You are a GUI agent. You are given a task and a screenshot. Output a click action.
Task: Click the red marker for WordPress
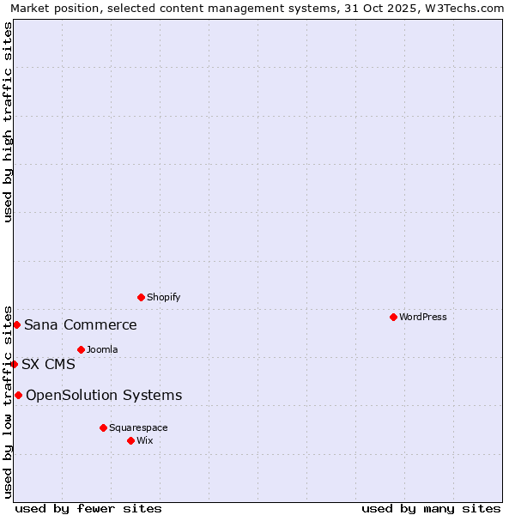[393, 317]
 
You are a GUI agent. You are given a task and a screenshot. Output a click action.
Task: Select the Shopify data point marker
[142, 297]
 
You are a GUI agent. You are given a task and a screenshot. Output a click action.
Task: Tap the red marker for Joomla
[81, 349]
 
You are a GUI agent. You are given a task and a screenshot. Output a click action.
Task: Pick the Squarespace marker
[103, 427]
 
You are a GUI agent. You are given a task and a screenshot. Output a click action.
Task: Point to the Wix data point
[130, 440]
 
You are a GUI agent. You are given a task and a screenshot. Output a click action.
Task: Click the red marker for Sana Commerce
[16, 324]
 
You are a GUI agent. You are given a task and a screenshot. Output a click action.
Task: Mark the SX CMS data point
[14, 364]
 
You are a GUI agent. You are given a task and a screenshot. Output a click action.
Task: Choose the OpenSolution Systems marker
[18, 395]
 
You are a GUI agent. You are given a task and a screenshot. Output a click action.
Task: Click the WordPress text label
[423, 317]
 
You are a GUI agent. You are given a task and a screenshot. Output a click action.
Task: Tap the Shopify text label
[163, 297]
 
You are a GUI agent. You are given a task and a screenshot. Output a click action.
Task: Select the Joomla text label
[102, 349]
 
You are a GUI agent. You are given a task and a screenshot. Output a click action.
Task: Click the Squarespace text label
[138, 427]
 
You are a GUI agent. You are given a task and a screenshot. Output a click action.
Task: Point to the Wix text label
[144, 440]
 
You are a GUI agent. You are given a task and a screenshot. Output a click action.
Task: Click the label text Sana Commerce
[81, 324]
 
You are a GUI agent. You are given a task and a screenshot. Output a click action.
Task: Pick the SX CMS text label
[48, 364]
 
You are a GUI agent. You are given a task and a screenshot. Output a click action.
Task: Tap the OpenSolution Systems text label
[104, 395]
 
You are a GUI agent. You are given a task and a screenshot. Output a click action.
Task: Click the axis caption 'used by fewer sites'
[88, 508]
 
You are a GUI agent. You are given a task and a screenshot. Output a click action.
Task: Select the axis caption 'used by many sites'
[431, 508]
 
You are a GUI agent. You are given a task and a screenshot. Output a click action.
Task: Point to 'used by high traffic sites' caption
[8, 122]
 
